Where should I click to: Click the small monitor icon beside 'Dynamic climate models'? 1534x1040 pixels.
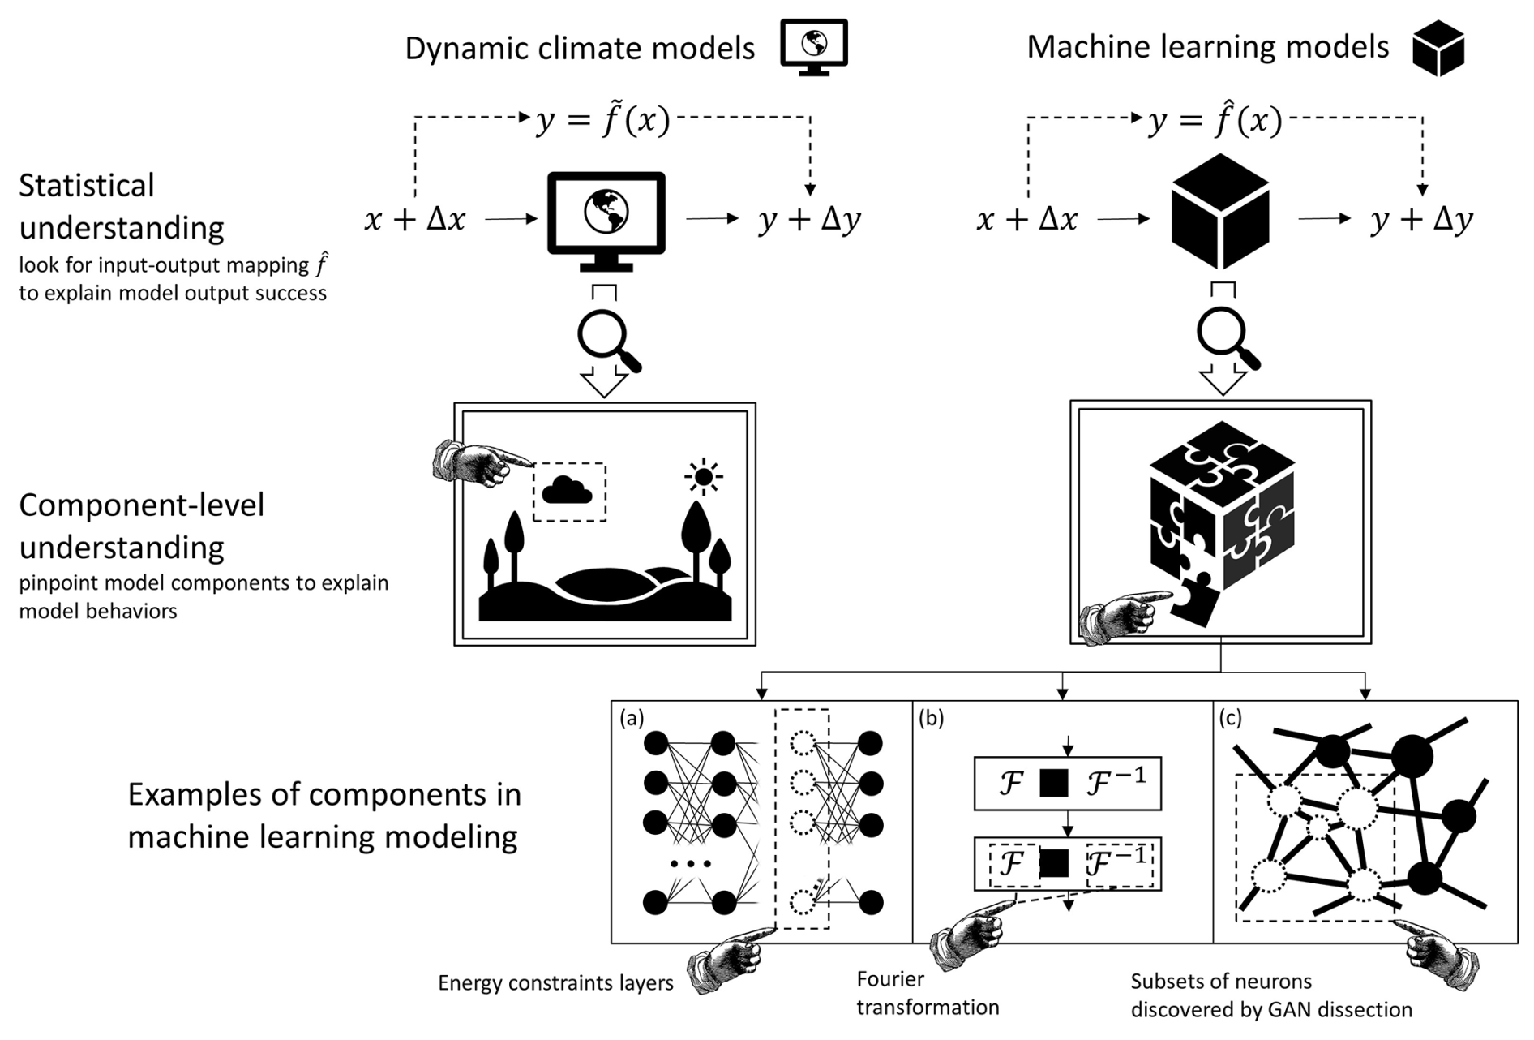[x=813, y=47]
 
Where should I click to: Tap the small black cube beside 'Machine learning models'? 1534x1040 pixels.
[x=1438, y=48]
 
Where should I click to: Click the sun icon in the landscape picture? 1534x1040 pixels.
[x=703, y=477]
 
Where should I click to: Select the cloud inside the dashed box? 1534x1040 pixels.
[x=567, y=490]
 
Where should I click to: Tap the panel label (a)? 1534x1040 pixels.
[x=632, y=718]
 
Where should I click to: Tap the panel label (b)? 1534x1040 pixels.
[x=932, y=718]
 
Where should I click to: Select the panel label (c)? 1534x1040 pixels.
[x=1231, y=718]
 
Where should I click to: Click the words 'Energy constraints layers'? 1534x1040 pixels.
[x=555, y=983]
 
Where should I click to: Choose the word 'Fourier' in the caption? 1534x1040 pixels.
[x=890, y=979]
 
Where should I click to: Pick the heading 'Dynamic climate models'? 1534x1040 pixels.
[x=580, y=49]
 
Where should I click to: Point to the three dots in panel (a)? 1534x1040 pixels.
[x=691, y=864]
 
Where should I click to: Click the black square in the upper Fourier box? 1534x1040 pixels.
[x=1053, y=783]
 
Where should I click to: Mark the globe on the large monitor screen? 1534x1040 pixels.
[x=606, y=211]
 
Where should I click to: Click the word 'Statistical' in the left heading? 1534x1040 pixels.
[x=87, y=186]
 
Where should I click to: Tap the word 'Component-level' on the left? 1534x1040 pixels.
[x=142, y=505]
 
